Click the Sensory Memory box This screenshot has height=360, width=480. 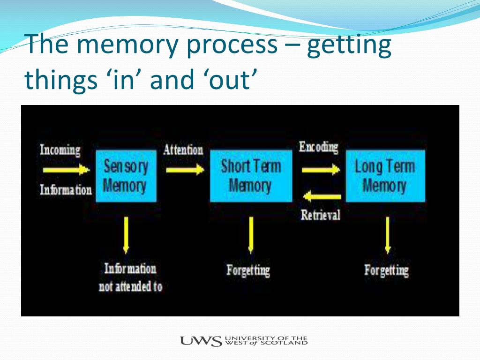(126, 176)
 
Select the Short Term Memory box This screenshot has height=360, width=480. (251, 176)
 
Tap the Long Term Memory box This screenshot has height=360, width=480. (385, 176)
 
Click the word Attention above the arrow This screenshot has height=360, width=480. (183, 150)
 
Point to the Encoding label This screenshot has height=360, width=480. (318, 147)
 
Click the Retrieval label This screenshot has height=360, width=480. (321, 215)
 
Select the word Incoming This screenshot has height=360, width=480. (60, 150)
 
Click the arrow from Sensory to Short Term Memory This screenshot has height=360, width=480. (185, 169)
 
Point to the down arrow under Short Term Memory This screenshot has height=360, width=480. (251, 234)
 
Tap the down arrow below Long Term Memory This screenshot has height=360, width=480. (387, 234)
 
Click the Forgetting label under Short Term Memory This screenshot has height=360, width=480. (248, 270)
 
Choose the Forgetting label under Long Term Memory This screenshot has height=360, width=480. (386, 270)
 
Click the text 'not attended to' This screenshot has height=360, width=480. (130, 287)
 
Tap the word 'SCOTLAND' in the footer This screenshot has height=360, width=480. (288, 343)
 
